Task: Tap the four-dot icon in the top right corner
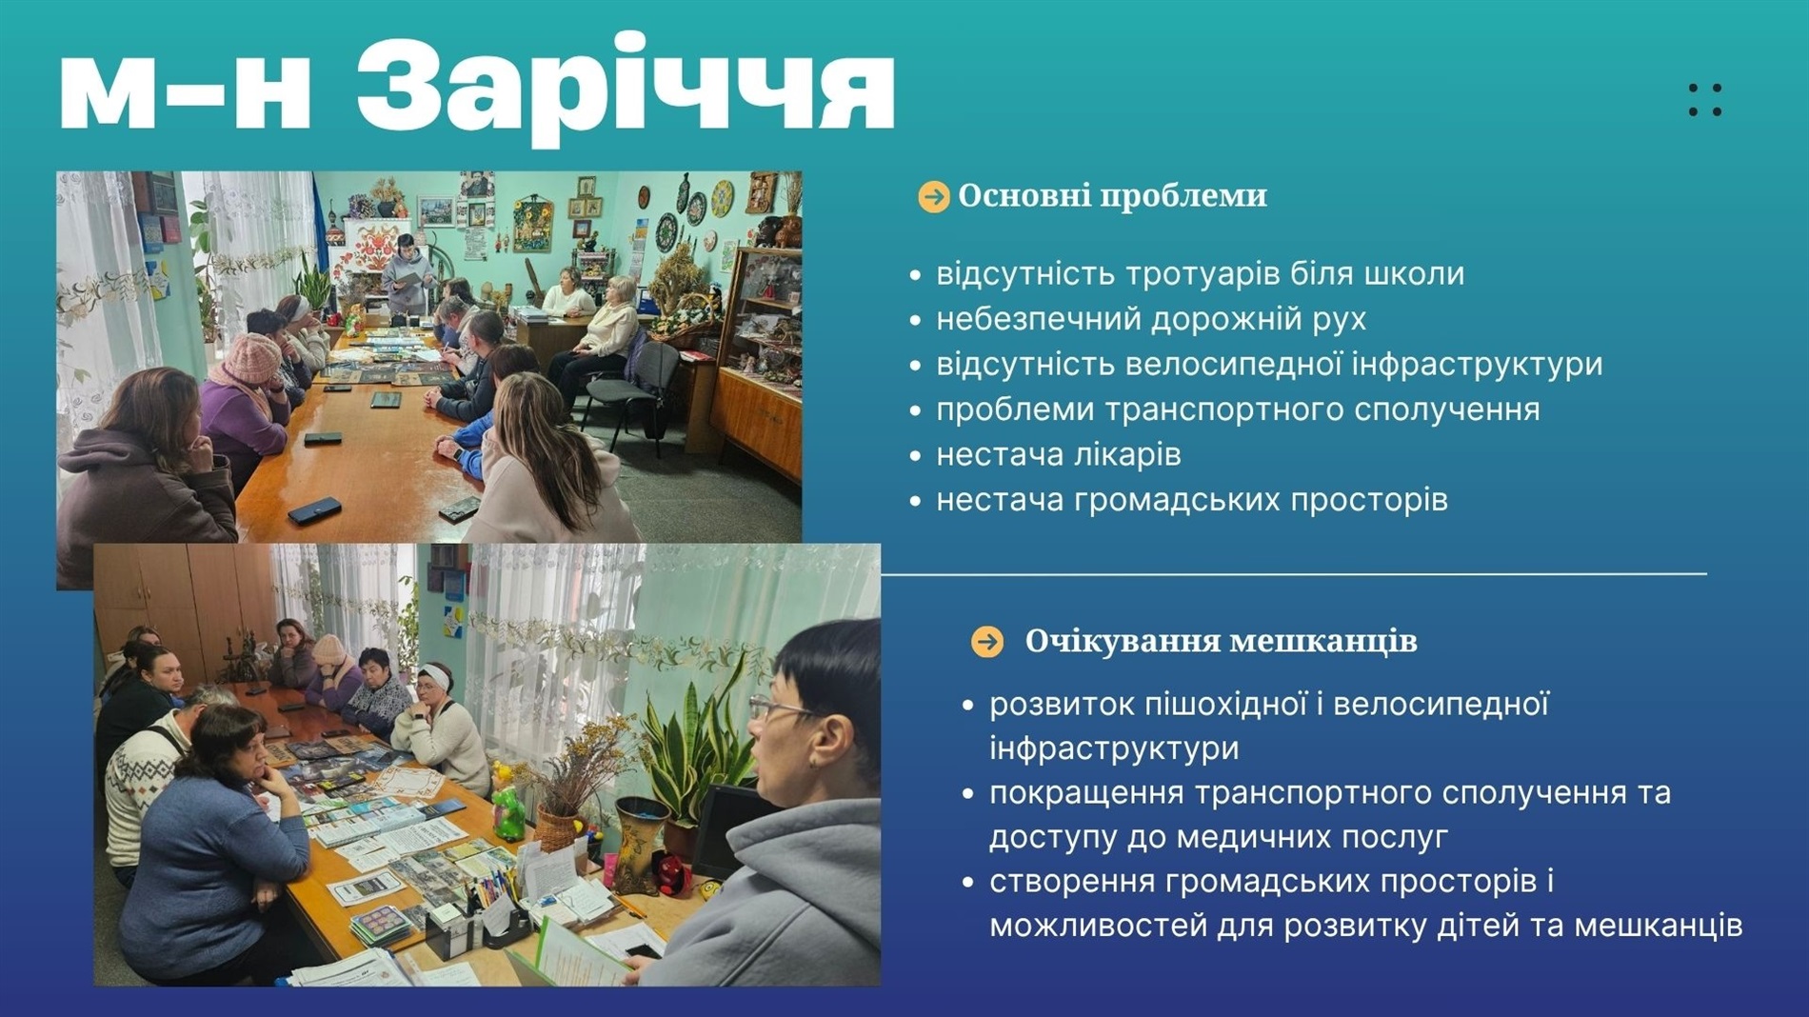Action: pos(1704,100)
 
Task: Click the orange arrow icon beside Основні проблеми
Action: pos(933,197)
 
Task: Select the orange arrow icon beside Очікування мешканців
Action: pos(987,642)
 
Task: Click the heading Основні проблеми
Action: pos(1112,196)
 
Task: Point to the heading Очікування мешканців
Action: pos(1221,642)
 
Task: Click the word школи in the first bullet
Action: pos(1414,274)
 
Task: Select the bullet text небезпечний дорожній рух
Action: pos(1150,319)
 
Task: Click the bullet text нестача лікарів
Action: pos(1058,455)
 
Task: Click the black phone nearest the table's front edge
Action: pos(313,511)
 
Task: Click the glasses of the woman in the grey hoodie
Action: pos(776,708)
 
